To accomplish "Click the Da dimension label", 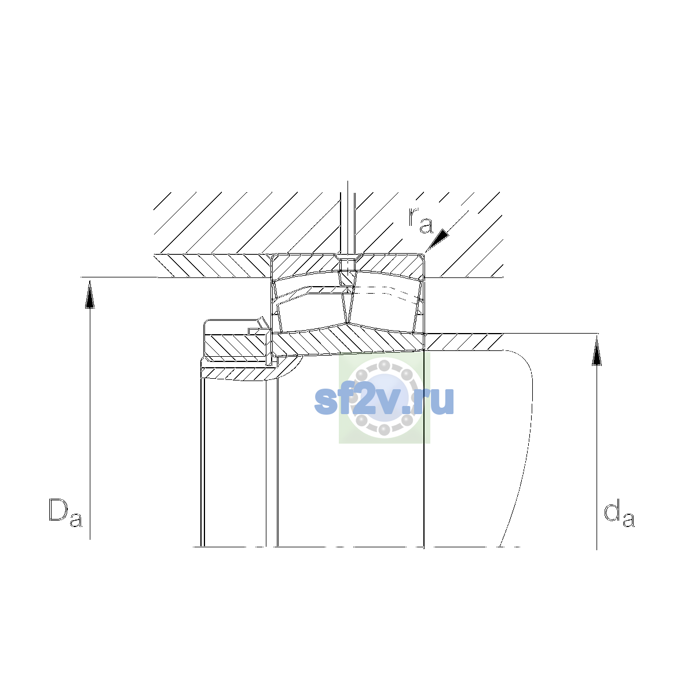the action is [65, 513].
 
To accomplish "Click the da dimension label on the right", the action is [619, 513].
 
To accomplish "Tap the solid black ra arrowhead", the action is [438, 239].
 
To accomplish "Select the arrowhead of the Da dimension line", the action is [90, 294].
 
